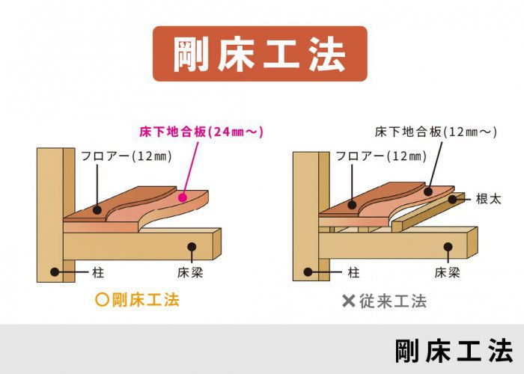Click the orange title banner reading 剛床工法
260,54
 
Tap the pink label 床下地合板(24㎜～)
201,132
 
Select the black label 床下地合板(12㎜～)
436,132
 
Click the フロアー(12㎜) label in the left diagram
127,156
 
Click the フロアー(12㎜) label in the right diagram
381,156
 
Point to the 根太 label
489,199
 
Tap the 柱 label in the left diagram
98,272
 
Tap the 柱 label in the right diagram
353,272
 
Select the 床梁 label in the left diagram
190,272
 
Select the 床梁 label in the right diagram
447,272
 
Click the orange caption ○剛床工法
137,300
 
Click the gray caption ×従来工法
384,301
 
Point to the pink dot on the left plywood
183,197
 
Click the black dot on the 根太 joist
452,200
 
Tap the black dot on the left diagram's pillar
55,272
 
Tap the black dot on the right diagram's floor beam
448,247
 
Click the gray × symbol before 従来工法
349,301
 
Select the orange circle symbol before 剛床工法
103,300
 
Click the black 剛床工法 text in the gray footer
454,351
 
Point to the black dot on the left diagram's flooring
97,210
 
